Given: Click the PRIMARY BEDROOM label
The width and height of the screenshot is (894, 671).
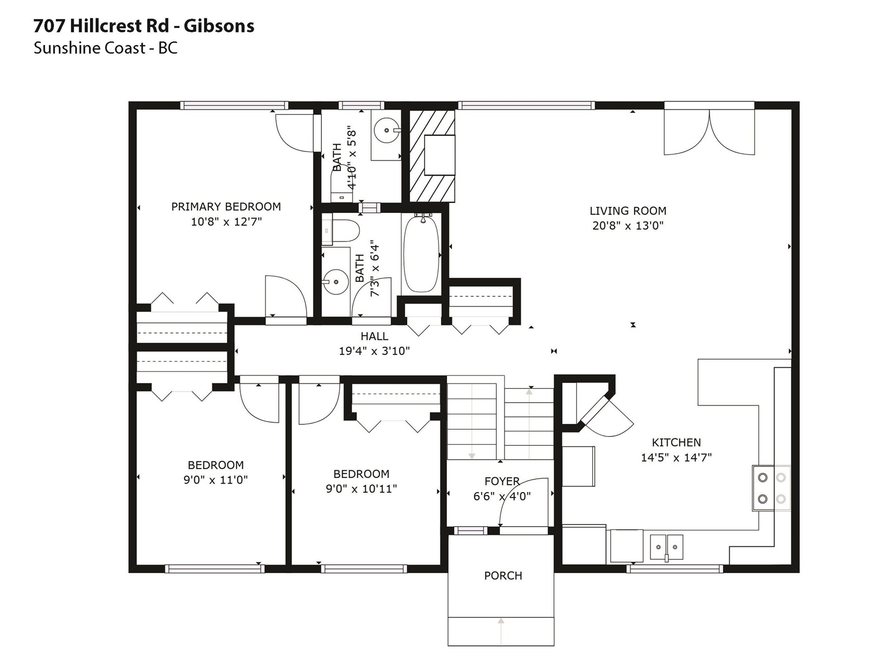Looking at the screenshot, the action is (x=226, y=206).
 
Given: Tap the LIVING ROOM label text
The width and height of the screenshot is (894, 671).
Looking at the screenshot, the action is (x=627, y=211).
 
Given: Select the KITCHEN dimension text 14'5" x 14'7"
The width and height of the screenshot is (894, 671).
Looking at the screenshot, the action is (x=676, y=457).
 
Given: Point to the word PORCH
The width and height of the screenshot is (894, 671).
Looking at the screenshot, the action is (x=503, y=576).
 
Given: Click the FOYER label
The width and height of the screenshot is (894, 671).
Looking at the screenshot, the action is (x=502, y=481).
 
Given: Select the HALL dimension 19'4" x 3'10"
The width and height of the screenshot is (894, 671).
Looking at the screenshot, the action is (x=374, y=351).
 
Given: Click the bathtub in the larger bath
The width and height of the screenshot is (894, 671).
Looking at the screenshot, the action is (x=421, y=255).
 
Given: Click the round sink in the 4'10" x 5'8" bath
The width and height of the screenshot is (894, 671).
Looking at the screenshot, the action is (x=387, y=130).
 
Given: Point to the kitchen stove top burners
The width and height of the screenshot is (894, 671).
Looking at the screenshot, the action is (x=772, y=488).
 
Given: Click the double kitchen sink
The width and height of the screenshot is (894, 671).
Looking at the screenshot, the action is (x=667, y=547).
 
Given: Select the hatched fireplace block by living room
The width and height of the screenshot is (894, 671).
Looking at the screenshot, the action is (x=432, y=156).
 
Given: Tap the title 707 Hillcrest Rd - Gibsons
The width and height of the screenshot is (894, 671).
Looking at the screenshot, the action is (x=144, y=26).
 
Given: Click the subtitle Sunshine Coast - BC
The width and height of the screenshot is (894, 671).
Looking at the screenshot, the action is (x=106, y=48).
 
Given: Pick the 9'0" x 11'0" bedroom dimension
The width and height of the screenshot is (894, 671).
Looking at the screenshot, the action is (x=216, y=480).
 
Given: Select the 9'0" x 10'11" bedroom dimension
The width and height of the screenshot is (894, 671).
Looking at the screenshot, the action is (x=362, y=489).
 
